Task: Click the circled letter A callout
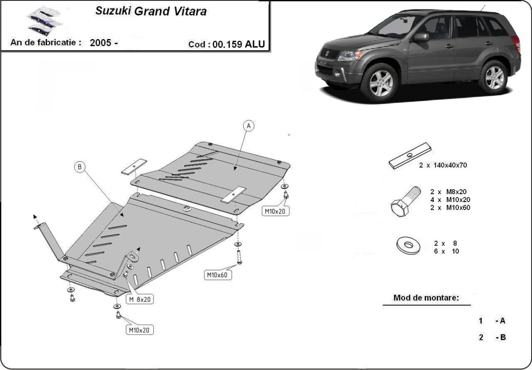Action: [249, 126]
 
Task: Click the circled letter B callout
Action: [79, 167]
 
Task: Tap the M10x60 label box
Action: [217, 275]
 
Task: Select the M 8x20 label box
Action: [140, 300]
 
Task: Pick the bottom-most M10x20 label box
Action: [139, 330]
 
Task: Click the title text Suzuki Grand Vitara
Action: [151, 12]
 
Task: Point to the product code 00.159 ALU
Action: [239, 44]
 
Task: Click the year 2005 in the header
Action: [103, 43]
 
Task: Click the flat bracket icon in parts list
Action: [410, 156]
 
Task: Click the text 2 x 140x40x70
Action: [443, 165]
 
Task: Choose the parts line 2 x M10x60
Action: [450, 207]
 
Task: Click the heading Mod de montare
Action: [426, 298]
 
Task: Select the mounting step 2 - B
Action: [492, 337]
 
